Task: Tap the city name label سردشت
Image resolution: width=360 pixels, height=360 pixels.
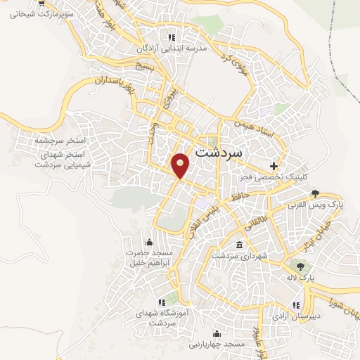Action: click(x=219, y=151)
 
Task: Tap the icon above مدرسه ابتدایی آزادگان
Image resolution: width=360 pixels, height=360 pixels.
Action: click(x=171, y=37)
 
